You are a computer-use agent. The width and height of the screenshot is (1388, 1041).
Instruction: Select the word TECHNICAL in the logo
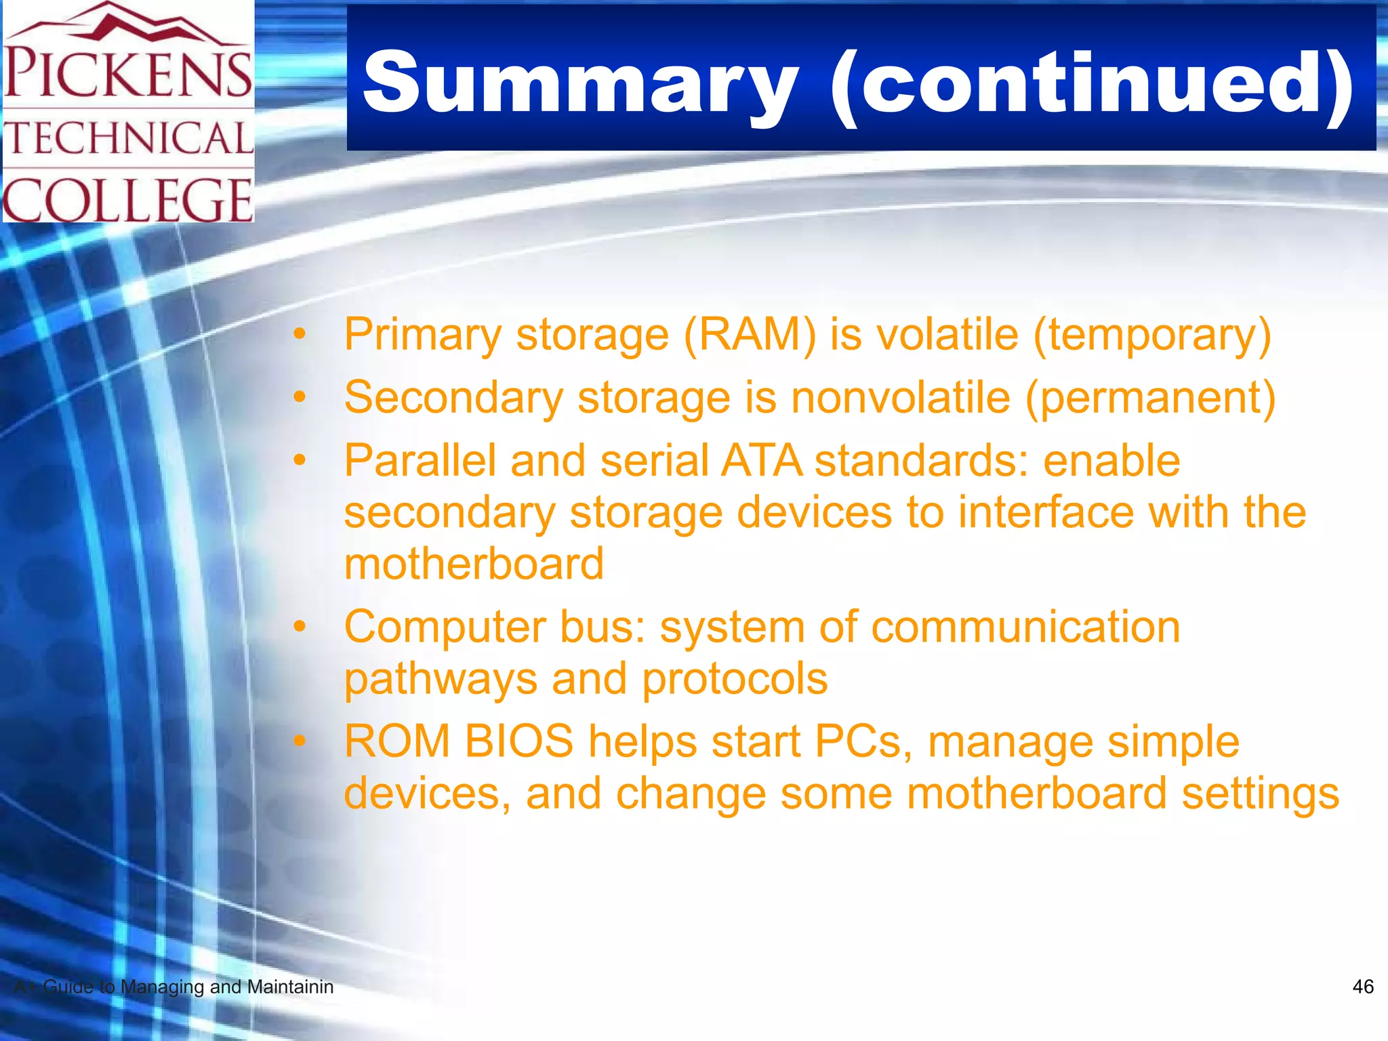[x=129, y=138]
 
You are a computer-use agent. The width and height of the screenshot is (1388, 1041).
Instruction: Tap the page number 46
[x=1362, y=987]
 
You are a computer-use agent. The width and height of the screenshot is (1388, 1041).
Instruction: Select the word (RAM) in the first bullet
[x=750, y=335]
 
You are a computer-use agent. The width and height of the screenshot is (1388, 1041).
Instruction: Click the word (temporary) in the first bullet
[x=1152, y=335]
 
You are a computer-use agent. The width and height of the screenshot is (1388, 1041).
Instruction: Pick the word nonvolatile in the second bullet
[x=901, y=398]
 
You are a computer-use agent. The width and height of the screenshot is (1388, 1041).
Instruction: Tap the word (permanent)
[x=1150, y=398]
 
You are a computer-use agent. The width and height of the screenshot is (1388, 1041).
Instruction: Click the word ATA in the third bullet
[x=761, y=461]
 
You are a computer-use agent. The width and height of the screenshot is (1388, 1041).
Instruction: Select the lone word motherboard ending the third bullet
[x=474, y=564]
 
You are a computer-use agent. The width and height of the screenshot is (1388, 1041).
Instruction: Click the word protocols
[x=735, y=679]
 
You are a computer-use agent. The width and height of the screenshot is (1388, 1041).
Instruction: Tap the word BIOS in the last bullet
[x=518, y=741]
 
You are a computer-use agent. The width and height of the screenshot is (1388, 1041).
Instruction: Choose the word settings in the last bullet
[x=1261, y=794]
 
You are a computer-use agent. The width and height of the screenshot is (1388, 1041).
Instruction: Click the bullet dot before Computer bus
[x=300, y=627]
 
